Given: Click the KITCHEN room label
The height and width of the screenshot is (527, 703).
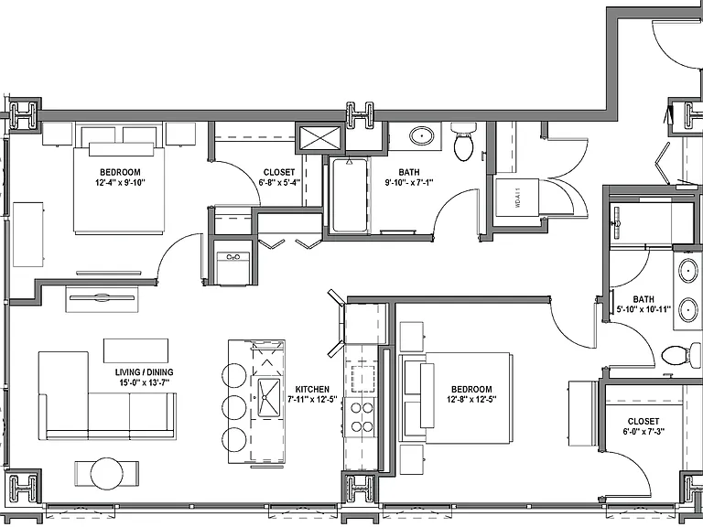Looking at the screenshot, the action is (312, 390).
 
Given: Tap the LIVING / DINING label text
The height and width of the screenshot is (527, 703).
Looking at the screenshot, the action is (144, 372).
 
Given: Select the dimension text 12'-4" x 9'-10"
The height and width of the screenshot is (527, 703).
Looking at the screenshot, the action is (121, 182).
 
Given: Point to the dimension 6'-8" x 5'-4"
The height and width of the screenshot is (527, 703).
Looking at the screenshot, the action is (279, 182).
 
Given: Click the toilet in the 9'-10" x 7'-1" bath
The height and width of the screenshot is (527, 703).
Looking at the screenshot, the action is (463, 141).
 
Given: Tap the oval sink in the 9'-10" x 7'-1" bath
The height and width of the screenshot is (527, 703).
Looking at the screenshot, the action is (422, 135).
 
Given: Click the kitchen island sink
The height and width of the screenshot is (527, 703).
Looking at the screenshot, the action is (269, 397).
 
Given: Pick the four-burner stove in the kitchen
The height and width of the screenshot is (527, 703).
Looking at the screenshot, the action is (362, 417).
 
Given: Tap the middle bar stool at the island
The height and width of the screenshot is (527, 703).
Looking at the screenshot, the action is (234, 407).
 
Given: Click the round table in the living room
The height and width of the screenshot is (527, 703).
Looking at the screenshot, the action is (107, 474).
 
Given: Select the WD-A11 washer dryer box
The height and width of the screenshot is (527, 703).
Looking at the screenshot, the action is (516, 198).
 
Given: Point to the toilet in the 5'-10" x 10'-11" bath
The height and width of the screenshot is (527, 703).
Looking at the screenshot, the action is (681, 356).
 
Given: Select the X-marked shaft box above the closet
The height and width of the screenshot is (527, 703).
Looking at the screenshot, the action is (320, 137).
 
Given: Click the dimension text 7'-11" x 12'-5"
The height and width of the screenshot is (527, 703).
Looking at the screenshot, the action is (312, 399).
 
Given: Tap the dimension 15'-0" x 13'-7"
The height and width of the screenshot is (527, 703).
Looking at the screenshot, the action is (144, 382).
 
